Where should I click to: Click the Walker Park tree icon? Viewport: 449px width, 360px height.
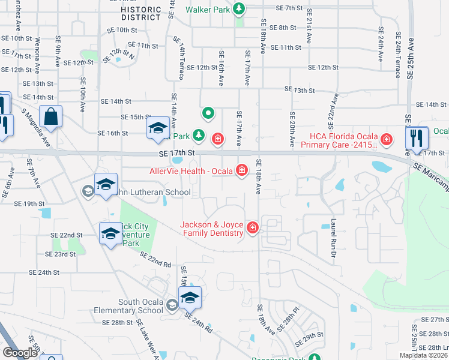click(240, 9)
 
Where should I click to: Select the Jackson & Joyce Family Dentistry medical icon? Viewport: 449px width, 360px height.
click(252, 227)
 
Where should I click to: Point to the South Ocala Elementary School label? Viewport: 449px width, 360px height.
click(129, 306)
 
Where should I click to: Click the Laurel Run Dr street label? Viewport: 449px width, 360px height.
click(332, 235)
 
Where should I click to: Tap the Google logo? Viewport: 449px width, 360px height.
click(20, 353)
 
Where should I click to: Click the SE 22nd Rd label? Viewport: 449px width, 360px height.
click(155, 260)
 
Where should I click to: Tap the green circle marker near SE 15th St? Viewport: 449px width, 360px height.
click(208, 112)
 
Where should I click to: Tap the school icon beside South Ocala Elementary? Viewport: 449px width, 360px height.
click(190, 296)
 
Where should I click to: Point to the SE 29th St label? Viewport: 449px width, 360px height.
click(313, 334)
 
